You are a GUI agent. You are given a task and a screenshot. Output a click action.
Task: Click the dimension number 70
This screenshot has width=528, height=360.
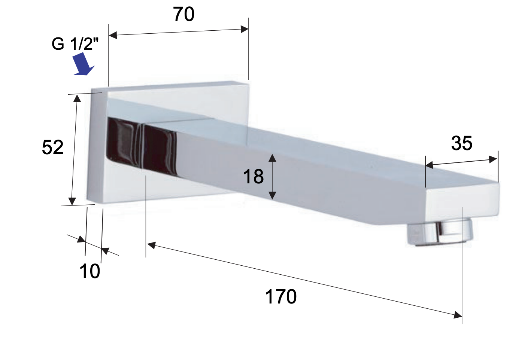tap(183, 14)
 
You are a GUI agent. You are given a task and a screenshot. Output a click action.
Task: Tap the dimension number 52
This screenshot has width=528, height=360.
tap(52, 147)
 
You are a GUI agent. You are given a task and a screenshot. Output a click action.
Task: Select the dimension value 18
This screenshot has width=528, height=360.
tap(253, 177)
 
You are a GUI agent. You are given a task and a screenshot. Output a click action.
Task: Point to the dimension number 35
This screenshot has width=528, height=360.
tap(461, 143)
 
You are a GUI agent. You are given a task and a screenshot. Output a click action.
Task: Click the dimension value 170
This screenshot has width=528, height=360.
tap(281, 297)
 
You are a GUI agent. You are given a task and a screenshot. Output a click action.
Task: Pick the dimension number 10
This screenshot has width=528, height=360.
tap(89, 271)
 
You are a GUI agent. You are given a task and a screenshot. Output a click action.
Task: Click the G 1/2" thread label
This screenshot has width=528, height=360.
tap(75, 44)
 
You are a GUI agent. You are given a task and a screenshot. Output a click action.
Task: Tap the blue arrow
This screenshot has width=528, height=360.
tap(83, 64)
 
